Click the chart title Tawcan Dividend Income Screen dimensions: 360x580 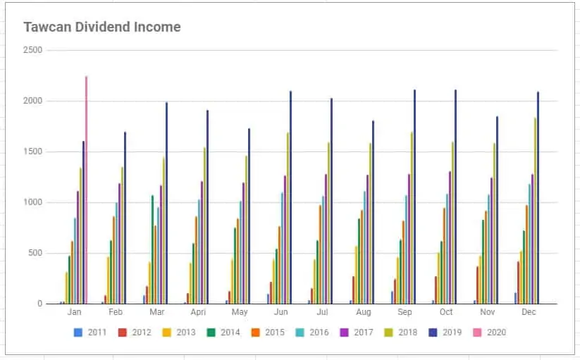[x=102, y=27]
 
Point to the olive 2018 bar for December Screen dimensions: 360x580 [x=535, y=211]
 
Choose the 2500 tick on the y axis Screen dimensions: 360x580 [x=32, y=50]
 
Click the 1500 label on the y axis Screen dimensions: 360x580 [x=32, y=151]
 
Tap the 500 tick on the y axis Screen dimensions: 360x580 [x=35, y=253]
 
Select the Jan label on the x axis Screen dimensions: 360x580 [x=74, y=311]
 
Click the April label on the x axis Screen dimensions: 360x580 [x=197, y=311]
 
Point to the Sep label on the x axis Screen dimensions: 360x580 [x=405, y=311]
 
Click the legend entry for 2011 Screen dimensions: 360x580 [x=90, y=332]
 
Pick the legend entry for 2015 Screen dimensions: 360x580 [x=267, y=332]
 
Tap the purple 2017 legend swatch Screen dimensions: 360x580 [x=343, y=332]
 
